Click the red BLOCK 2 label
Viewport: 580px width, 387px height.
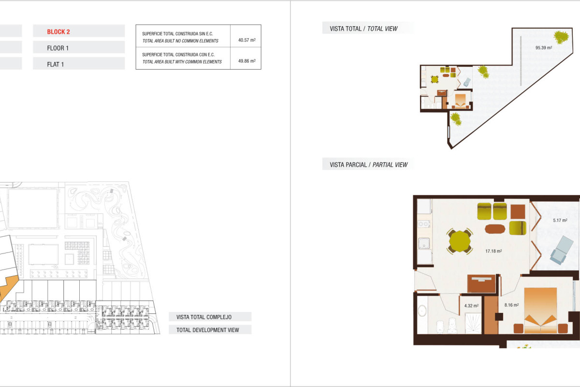[58, 32]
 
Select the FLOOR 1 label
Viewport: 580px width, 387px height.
[58, 48]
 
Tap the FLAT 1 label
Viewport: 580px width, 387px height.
[56, 64]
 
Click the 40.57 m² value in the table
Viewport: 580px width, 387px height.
[246, 40]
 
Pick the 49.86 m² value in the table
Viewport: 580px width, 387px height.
[246, 61]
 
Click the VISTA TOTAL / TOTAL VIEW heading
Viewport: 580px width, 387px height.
[363, 29]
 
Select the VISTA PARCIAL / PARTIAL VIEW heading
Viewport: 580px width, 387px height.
[368, 165]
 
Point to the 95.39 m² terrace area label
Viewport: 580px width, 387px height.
[543, 48]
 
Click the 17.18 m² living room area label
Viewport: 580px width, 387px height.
[493, 251]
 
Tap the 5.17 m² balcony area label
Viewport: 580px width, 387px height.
[560, 221]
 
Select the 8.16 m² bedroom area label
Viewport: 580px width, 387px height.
[511, 305]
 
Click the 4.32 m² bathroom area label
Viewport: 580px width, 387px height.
[471, 306]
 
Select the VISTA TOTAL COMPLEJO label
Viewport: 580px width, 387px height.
[203, 317]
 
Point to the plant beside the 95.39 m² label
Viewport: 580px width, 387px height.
[561, 37]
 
